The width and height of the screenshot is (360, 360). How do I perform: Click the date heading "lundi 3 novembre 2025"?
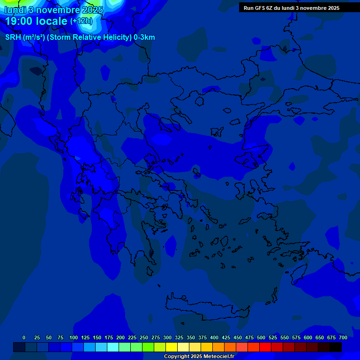54,10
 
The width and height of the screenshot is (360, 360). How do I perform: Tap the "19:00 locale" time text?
36,21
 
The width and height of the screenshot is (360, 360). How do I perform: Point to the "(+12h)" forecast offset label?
81,21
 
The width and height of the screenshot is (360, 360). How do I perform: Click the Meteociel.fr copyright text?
199,357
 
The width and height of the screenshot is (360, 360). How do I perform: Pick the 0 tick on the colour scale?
24,337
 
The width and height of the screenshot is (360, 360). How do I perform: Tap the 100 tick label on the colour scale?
74,337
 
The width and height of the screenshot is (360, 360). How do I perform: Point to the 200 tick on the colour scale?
120,337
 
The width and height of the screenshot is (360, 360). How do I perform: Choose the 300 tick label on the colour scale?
167,337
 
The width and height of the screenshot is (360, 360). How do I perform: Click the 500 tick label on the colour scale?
261,337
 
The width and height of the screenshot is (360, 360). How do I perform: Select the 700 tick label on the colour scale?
343,337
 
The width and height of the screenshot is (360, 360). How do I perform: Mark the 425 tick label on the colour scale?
226,337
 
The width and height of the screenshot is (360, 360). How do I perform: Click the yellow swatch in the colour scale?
172,347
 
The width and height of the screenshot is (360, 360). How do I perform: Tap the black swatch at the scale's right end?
336,347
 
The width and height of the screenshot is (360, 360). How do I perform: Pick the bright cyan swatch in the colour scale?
113,347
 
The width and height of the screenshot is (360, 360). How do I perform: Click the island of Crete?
206,307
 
